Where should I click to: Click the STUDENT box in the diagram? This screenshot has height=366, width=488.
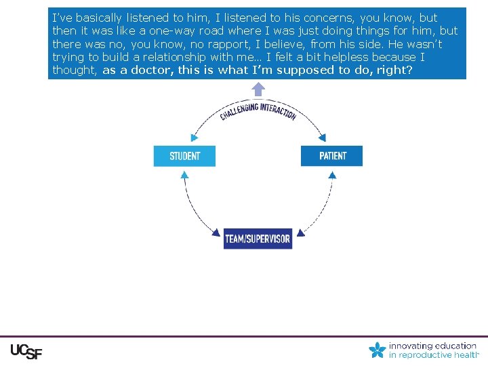coord(184,156)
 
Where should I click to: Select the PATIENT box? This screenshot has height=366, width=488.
coord(332,156)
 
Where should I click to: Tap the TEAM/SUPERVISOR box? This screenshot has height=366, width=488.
coord(258,239)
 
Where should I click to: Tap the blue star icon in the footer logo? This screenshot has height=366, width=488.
coord(378,350)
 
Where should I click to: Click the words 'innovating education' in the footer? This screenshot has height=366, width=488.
coord(432,346)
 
